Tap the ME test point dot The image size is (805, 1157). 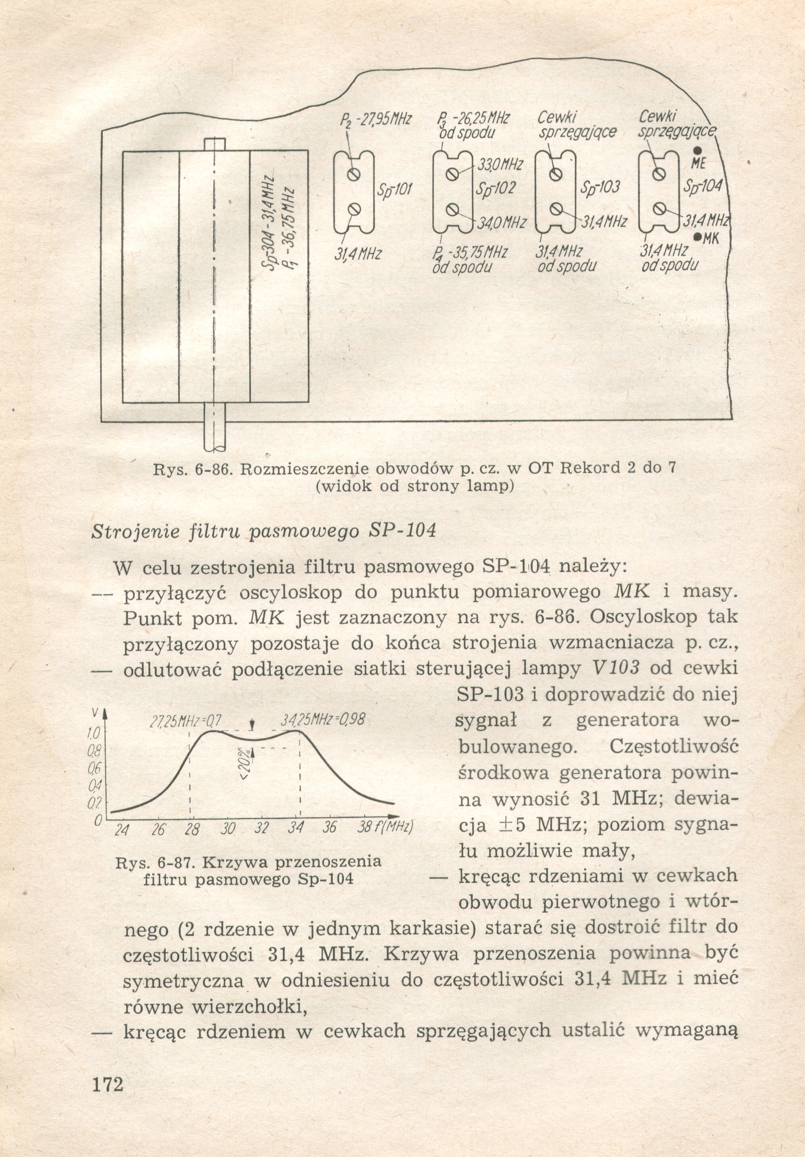pyautogui.click(x=698, y=151)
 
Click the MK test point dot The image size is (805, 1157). pyautogui.click(x=698, y=237)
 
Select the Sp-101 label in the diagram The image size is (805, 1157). pyautogui.click(x=394, y=190)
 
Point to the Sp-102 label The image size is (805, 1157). pyautogui.click(x=495, y=188)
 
